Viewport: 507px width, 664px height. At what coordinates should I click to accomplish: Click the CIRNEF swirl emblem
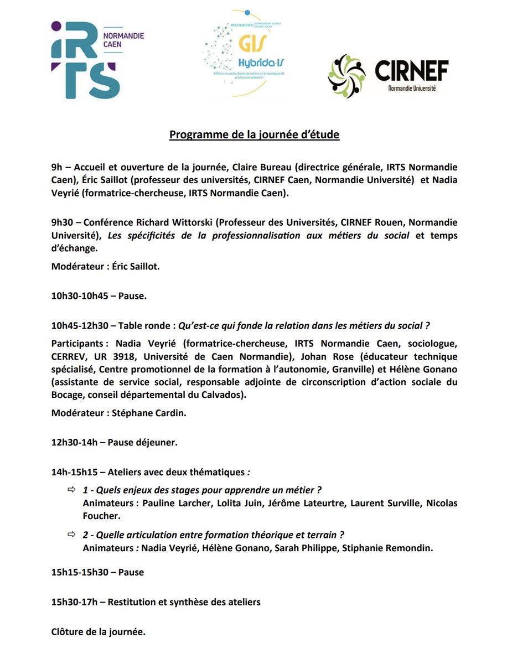tap(347, 76)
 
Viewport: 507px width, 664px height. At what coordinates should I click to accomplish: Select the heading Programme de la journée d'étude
tap(254, 134)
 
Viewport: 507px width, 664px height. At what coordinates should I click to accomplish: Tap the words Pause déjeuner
tap(142, 443)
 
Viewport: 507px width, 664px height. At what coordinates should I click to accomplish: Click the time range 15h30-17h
tap(74, 602)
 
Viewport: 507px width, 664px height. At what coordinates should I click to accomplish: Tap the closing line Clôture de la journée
tap(98, 631)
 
